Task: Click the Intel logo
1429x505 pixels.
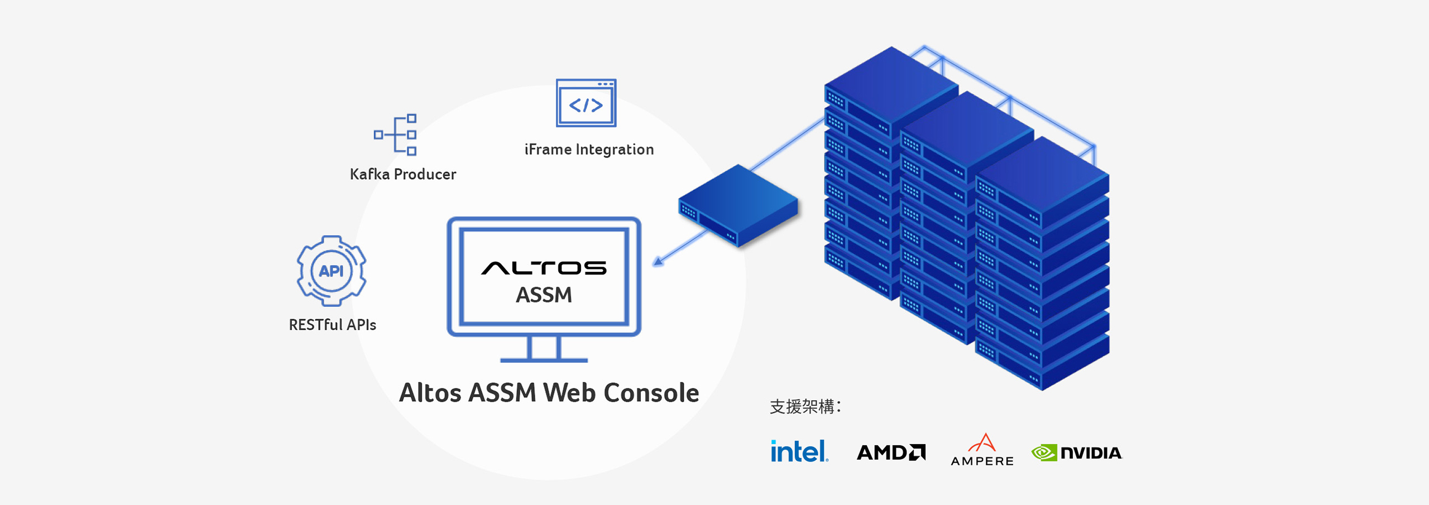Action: [799, 451]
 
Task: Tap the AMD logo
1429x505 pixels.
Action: [891, 452]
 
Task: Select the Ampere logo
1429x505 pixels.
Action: [982, 450]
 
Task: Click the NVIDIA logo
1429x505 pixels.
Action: [1077, 453]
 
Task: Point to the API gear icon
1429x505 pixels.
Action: [332, 271]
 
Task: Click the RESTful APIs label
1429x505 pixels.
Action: [332, 325]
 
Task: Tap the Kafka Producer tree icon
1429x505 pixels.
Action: [396, 134]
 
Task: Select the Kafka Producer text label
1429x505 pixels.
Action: [402, 174]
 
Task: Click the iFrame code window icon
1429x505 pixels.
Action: [586, 103]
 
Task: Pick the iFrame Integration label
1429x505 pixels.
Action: [589, 150]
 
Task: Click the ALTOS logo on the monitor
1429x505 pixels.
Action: [544, 268]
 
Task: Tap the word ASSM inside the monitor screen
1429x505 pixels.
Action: [544, 295]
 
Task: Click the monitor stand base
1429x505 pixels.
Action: [544, 360]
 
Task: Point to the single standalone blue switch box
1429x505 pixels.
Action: [739, 205]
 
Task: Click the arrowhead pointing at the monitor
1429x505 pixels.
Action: [659, 261]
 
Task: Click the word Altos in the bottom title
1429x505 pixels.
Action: [430, 393]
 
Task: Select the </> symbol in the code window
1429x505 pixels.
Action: [586, 105]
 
